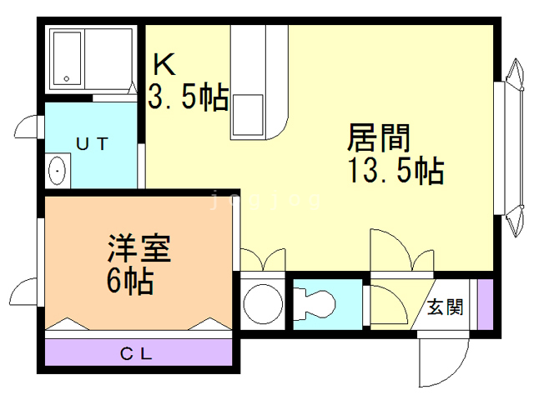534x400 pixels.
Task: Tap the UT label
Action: click(93, 143)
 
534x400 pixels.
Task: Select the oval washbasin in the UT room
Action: click(57, 172)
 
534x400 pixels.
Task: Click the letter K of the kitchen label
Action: click(164, 64)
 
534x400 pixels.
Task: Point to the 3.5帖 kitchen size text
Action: click(188, 97)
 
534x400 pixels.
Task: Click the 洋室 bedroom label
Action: click(139, 249)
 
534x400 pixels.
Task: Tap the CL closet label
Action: click(136, 352)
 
